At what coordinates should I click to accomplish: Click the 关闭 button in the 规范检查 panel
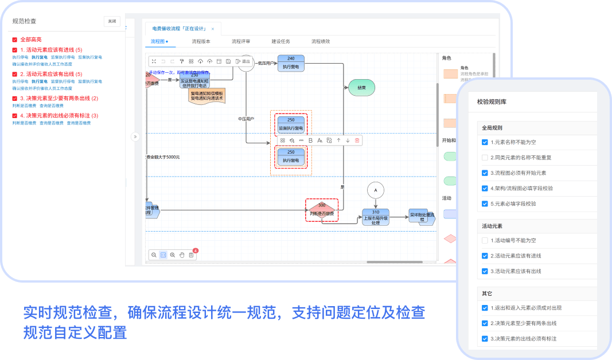point(112,21)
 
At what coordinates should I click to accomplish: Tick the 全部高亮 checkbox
point(15,40)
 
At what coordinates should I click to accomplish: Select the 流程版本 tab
point(201,42)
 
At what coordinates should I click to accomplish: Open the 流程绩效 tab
point(321,42)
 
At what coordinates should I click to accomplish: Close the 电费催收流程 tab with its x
point(213,29)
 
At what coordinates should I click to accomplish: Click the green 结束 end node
point(361,88)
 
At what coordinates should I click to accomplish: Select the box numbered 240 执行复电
point(291,63)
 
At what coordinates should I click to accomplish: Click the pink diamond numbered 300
point(321,210)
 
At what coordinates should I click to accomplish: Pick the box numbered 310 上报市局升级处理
point(376,217)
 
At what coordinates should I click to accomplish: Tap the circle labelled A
point(376,190)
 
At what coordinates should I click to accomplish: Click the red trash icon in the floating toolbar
point(357,140)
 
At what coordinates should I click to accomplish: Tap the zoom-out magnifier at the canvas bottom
point(154,255)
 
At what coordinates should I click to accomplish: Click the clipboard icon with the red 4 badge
point(191,255)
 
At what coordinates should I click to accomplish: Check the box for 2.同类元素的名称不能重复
point(485,157)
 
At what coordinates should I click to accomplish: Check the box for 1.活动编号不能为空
point(485,240)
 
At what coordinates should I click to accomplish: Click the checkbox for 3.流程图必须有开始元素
point(485,173)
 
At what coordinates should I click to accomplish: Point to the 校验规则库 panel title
point(492,101)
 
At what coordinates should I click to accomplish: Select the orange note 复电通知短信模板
point(208,96)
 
